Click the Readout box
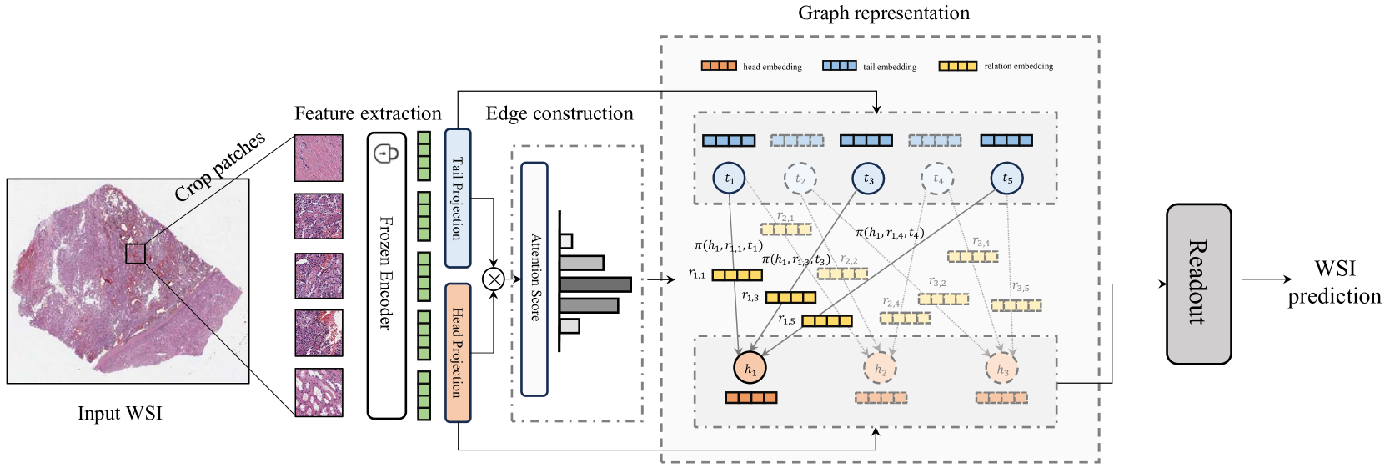tap(1198, 284)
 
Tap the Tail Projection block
tap(458, 198)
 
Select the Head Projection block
tap(458, 352)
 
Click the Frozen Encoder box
tap(386, 275)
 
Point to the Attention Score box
tap(534, 279)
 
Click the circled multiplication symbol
tap(494, 279)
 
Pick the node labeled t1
tap(729, 179)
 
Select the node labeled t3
tap(868, 179)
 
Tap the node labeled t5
tap(1006, 179)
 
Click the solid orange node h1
tap(750, 368)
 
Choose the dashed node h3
tap(1002, 369)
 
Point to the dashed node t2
tap(800, 179)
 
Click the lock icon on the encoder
tap(386, 153)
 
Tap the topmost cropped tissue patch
tap(319, 158)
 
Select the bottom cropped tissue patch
tap(319, 392)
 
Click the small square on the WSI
tap(135, 254)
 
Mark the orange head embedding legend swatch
tap(718, 65)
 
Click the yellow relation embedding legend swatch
tap(957, 65)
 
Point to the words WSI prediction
tap(1333, 282)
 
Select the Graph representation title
tap(884, 13)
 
